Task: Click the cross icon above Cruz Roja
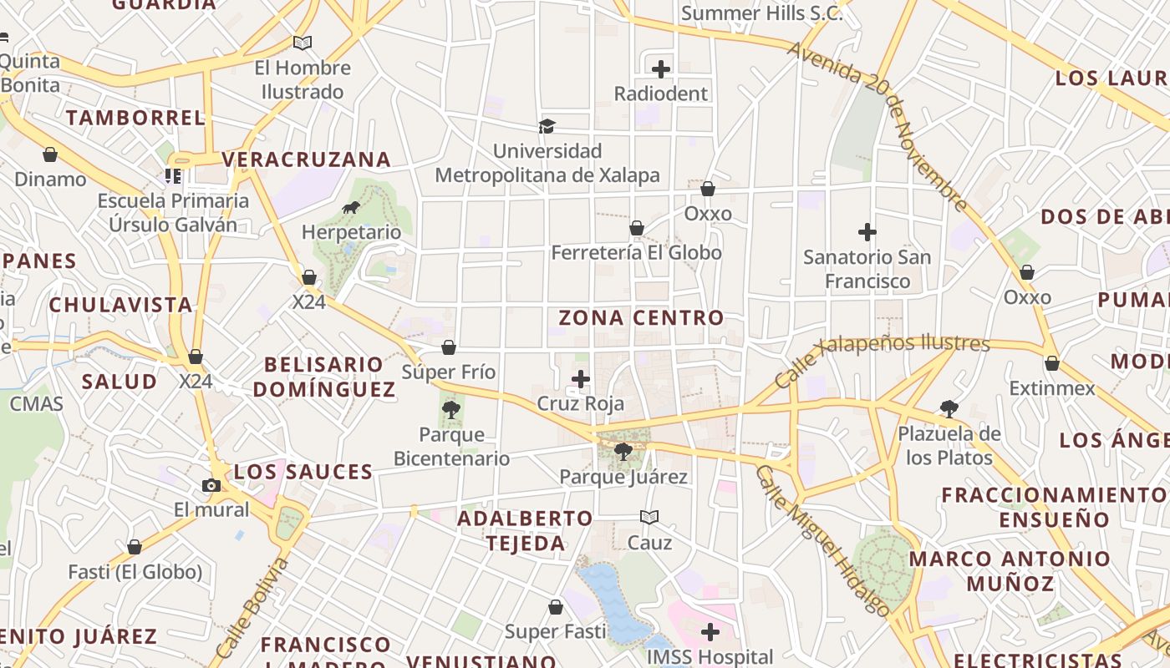[x=581, y=379]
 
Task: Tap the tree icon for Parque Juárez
[x=623, y=452]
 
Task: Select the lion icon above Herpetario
[x=351, y=207]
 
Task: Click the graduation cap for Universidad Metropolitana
[x=547, y=126]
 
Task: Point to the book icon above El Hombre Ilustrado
[x=302, y=43]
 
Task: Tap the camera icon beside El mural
[x=211, y=485]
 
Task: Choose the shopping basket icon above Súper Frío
[x=449, y=347]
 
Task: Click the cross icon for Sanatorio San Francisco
[x=867, y=232]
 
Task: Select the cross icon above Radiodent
[x=661, y=68]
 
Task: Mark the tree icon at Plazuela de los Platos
[x=949, y=409]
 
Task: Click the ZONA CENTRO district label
[x=641, y=318]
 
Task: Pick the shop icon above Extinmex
[x=1052, y=363]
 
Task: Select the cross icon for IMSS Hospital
[x=710, y=632]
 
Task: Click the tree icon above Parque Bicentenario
[x=451, y=409]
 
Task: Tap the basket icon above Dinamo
[x=50, y=154]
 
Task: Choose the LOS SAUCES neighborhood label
[x=303, y=472]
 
